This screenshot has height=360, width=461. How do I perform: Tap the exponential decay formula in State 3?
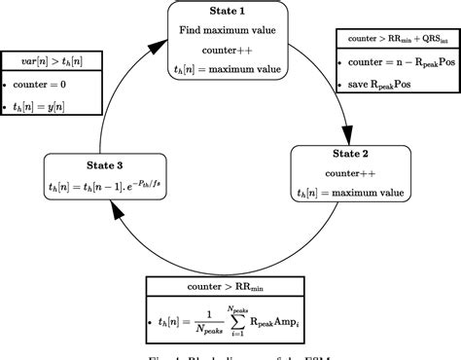(x=105, y=182)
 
